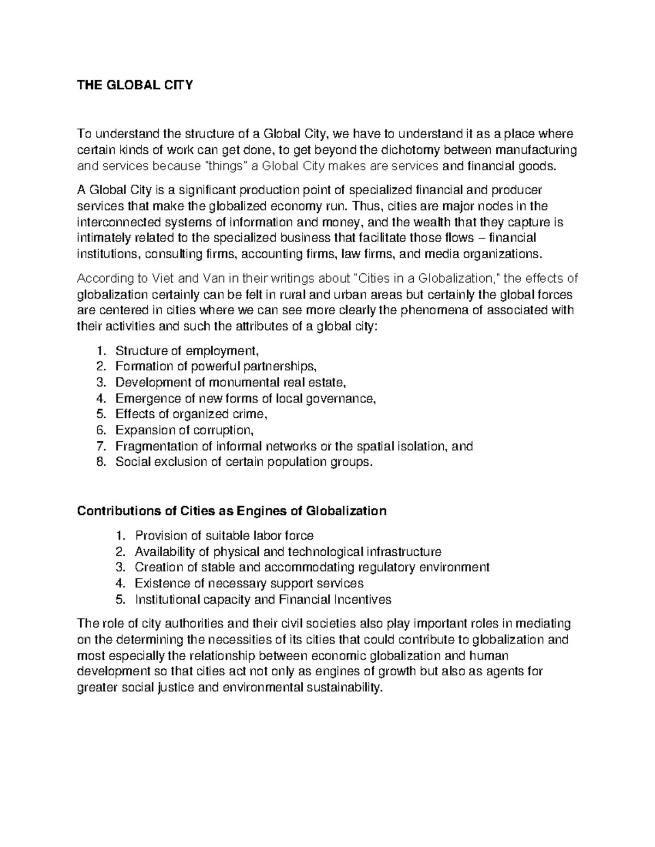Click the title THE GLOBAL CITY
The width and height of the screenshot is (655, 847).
135,86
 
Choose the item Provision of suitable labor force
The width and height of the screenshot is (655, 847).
224,535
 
